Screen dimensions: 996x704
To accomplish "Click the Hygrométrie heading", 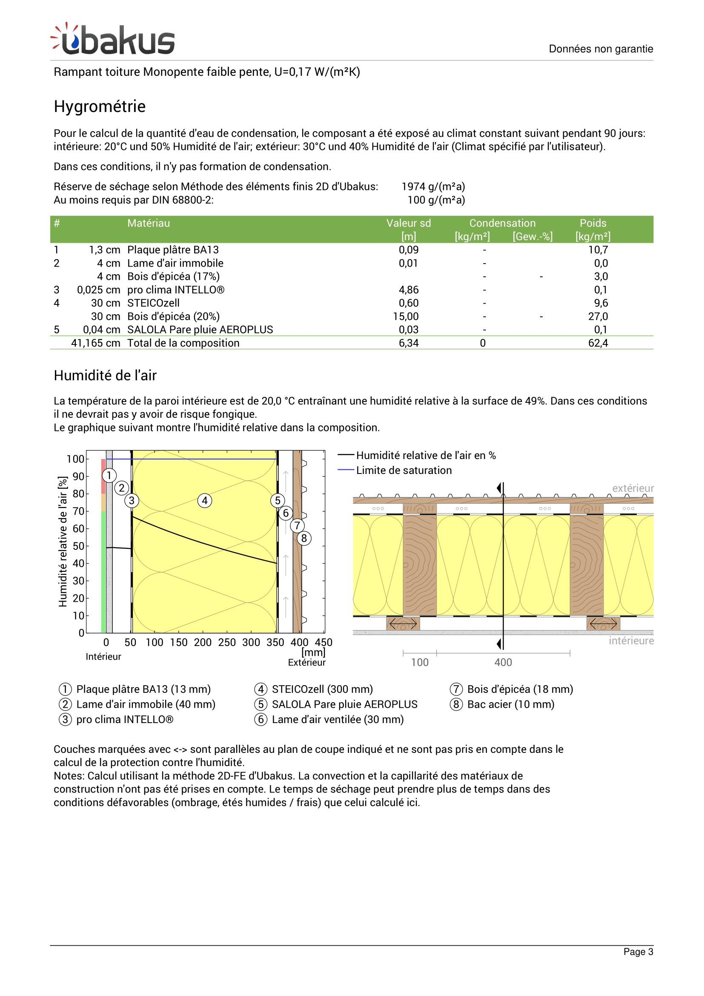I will (x=100, y=107).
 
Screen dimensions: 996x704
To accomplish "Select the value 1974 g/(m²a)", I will (x=433, y=187).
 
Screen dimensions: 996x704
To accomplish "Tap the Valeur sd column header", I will (x=408, y=224).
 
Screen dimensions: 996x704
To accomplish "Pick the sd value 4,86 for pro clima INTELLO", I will (x=408, y=290).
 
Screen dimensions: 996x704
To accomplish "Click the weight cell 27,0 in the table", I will (x=598, y=316).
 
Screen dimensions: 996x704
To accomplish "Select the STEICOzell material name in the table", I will (x=154, y=303).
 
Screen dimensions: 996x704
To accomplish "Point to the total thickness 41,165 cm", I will (x=95, y=343).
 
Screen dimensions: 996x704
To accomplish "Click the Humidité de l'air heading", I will (x=105, y=375).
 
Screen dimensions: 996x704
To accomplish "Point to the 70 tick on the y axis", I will (x=78, y=511).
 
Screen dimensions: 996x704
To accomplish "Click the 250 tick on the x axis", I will (x=227, y=643).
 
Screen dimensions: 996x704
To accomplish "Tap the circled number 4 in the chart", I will (x=205, y=501).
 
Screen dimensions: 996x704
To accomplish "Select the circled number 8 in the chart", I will (x=304, y=538).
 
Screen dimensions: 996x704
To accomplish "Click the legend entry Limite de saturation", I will (x=404, y=470).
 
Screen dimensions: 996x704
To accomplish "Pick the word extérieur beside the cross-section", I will (x=632, y=488).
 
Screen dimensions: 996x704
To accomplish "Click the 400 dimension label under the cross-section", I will (x=503, y=663).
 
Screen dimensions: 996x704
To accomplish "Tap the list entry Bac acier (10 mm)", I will (x=510, y=704).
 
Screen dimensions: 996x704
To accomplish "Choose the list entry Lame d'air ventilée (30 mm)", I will (x=337, y=720).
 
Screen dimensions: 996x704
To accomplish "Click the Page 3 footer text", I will (x=638, y=952).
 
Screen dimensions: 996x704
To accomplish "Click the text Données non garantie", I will (x=601, y=49).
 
